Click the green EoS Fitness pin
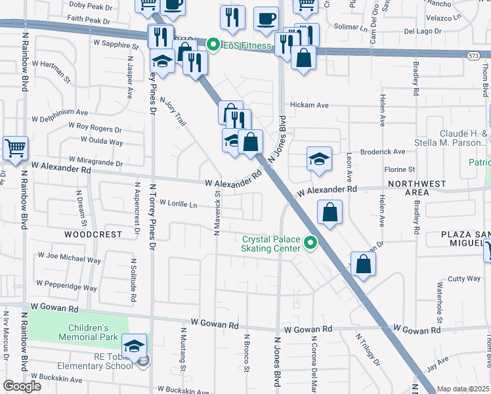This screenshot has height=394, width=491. [x=213, y=45]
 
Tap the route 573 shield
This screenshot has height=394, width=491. [x=473, y=56]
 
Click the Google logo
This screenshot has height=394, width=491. [x=22, y=385]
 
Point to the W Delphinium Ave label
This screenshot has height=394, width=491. [x=60, y=113]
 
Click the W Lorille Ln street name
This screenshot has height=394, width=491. [x=178, y=204]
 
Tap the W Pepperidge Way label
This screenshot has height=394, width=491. [x=67, y=286]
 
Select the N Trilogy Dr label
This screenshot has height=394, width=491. [x=367, y=350]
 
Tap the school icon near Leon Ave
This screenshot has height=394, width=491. [x=319, y=158]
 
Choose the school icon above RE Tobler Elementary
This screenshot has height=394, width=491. [x=134, y=345]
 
